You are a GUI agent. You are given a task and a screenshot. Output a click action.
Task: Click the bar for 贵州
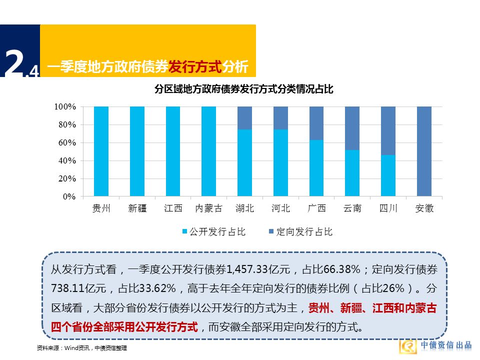click(101, 151)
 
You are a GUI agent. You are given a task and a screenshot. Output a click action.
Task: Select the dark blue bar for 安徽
click(424, 151)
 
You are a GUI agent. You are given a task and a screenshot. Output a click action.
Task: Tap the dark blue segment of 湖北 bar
click(244, 118)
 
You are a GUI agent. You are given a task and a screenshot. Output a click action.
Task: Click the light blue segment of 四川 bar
click(388, 175)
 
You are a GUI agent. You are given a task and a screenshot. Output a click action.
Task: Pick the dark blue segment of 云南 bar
click(352, 128)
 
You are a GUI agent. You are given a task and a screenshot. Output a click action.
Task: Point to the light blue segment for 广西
click(316, 168)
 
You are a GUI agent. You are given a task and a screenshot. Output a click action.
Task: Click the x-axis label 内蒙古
click(208, 208)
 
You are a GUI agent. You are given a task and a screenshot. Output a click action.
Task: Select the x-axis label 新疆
click(137, 208)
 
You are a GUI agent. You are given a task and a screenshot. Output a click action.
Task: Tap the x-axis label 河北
click(280, 208)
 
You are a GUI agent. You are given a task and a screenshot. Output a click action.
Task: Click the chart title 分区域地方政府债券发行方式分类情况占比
click(243, 89)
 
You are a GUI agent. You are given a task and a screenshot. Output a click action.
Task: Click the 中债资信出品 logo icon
click(408, 346)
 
